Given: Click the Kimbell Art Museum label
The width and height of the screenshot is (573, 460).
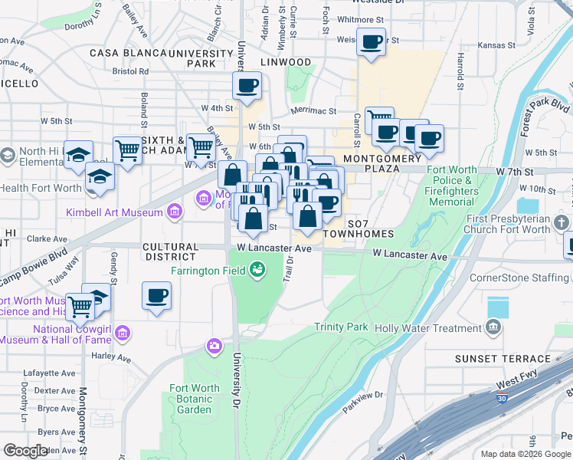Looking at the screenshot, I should (x=115, y=212).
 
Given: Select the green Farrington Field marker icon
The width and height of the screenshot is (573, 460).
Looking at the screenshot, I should (x=258, y=269).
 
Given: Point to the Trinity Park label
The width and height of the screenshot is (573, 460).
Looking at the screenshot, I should (x=341, y=327).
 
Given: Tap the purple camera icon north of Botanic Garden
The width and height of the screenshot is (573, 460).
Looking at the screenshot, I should (x=215, y=346).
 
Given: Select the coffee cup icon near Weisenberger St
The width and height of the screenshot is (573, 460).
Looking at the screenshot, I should (x=372, y=43).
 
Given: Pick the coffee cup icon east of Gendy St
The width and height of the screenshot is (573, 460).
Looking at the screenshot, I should (x=157, y=295).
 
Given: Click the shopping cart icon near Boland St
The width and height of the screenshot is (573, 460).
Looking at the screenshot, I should (x=128, y=150).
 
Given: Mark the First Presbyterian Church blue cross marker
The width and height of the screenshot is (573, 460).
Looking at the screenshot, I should (x=563, y=223).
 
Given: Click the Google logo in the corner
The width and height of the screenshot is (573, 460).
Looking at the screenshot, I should (x=26, y=451).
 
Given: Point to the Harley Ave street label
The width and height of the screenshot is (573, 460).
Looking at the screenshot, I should (x=112, y=358).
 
